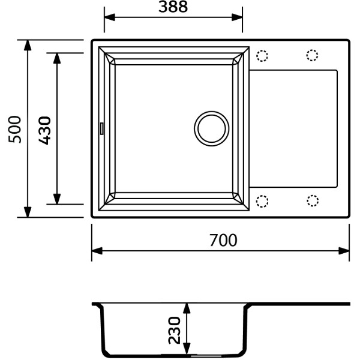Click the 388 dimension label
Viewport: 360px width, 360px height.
pyautogui.click(x=173, y=7)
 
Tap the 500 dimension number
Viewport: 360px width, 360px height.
pyautogui.click(x=14, y=130)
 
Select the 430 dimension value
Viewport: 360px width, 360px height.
pyautogui.click(x=44, y=131)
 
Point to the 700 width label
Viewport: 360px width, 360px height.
pyautogui.click(x=223, y=240)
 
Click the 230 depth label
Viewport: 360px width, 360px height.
pyautogui.click(x=175, y=331)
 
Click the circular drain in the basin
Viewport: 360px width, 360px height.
pyautogui.click(x=211, y=128)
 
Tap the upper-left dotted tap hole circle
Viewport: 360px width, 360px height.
pyautogui.click(x=262, y=56)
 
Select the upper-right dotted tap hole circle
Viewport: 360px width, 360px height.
pyautogui.click(x=312, y=55)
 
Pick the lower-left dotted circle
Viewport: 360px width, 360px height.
pyautogui.click(x=262, y=202)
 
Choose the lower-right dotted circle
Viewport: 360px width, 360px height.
pyautogui.click(x=313, y=200)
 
